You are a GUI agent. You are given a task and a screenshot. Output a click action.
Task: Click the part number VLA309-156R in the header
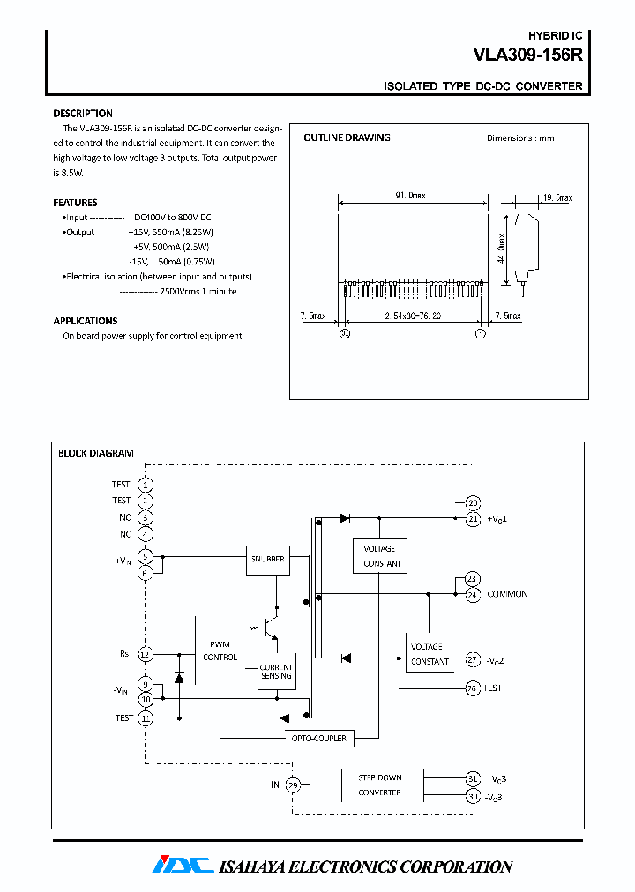point(527,55)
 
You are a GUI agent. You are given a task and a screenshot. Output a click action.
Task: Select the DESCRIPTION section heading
point(83,114)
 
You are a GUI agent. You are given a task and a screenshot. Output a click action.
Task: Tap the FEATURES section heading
point(75,203)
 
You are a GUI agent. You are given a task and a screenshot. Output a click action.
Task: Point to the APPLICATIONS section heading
point(86,321)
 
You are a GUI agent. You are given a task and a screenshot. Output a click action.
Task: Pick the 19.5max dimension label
point(557,197)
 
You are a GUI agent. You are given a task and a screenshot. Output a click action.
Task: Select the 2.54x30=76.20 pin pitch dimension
point(413,316)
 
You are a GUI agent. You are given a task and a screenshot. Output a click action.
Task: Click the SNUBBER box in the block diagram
point(267,559)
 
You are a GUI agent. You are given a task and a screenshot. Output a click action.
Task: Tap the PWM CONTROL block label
point(220,650)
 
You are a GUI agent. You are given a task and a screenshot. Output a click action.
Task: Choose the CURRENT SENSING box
point(276,670)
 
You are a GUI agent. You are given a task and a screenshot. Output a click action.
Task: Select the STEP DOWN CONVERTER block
point(380,784)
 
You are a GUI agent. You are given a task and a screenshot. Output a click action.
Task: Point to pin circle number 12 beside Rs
point(146,654)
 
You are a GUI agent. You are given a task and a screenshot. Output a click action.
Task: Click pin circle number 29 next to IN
point(294,784)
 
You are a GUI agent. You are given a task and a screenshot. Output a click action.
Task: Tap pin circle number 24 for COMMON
point(473,595)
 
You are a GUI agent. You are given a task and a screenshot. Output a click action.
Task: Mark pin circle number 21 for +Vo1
point(473,519)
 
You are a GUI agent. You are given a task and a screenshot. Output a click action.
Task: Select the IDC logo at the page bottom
point(183,865)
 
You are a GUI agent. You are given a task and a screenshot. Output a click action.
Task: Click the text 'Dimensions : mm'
point(520,138)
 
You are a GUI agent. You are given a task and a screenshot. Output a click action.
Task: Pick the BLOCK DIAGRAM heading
point(95,453)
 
